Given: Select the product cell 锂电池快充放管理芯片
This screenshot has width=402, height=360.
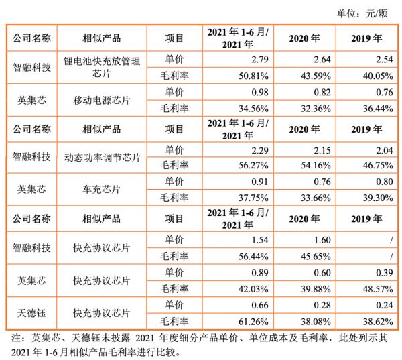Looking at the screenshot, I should pyautogui.click(x=102, y=67).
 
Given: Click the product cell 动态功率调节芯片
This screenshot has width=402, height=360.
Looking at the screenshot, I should pyautogui.click(x=102, y=158).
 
